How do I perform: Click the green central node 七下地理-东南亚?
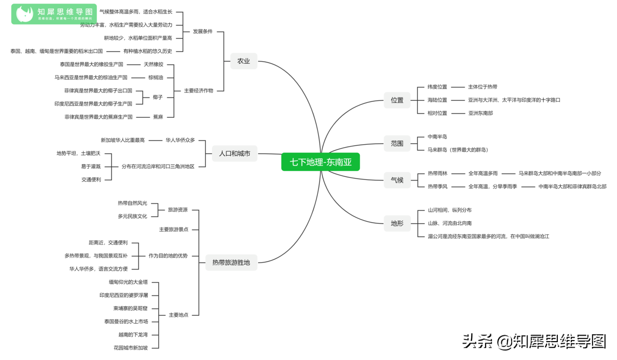[x=320, y=162]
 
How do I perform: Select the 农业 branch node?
[x=243, y=61]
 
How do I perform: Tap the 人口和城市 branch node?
[x=234, y=154]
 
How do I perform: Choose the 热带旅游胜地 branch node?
[x=231, y=263]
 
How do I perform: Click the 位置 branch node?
[x=397, y=100]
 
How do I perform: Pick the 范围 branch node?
[x=397, y=143]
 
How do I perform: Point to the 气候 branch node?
[x=397, y=180]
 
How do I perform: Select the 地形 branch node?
[x=397, y=223]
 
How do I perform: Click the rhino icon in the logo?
[x=24, y=14]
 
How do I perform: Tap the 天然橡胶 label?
[x=153, y=64]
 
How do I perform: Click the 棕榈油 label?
[x=155, y=78]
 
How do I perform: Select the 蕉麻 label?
[x=158, y=117]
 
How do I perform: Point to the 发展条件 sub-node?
[x=203, y=31]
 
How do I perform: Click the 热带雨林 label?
[x=437, y=174]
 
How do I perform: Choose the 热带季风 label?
[x=437, y=186]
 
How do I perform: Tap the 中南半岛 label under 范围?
[x=437, y=137]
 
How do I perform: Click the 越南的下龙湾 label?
[x=133, y=335]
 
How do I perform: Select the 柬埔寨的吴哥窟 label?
[x=130, y=308]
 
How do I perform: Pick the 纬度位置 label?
[x=437, y=87]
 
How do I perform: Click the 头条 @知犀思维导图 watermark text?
[x=534, y=341]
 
